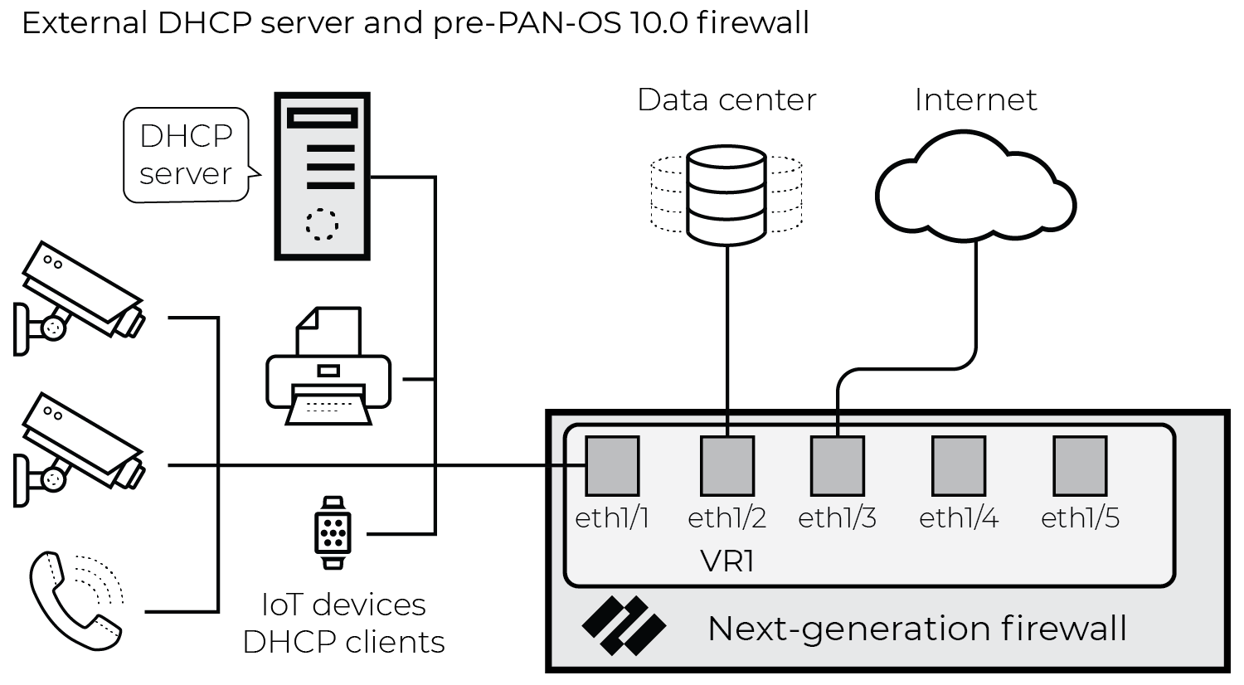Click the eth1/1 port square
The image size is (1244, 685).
pyautogui.click(x=613, y=466)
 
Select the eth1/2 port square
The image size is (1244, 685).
pyautogui.click(x=727, y=466)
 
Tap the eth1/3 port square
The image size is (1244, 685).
pyautogui.click(x=838, y=466)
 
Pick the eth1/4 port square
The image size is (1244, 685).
pyautogui.click(x=959, y=466)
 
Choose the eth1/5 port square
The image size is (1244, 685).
pyautogui.click(x=1080, y=466)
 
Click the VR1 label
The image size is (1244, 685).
pyautogui.click(x=727, y=561)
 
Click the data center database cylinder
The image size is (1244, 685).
pyautogui.click(x=726, y=195)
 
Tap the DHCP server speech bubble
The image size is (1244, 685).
pyautogui.click(x=186, y=155)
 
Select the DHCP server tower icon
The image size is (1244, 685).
pyautogui.click(x=322, y=177)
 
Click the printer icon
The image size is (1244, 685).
pyautogui.click(x=328, y=367)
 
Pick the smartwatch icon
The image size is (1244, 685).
pyautogui.click(x=333, y=532)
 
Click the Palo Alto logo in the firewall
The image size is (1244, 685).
pyautogui.click(x=624, y=625)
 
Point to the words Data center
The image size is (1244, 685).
pyautogui.click(x=726, y=100)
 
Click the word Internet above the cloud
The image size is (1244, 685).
pyautogui.click(x=975, y=100)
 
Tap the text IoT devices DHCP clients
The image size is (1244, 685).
pyautogui.click(x=343, y=623)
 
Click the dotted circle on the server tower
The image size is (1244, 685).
pyautogui.click(x=322, y=224)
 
